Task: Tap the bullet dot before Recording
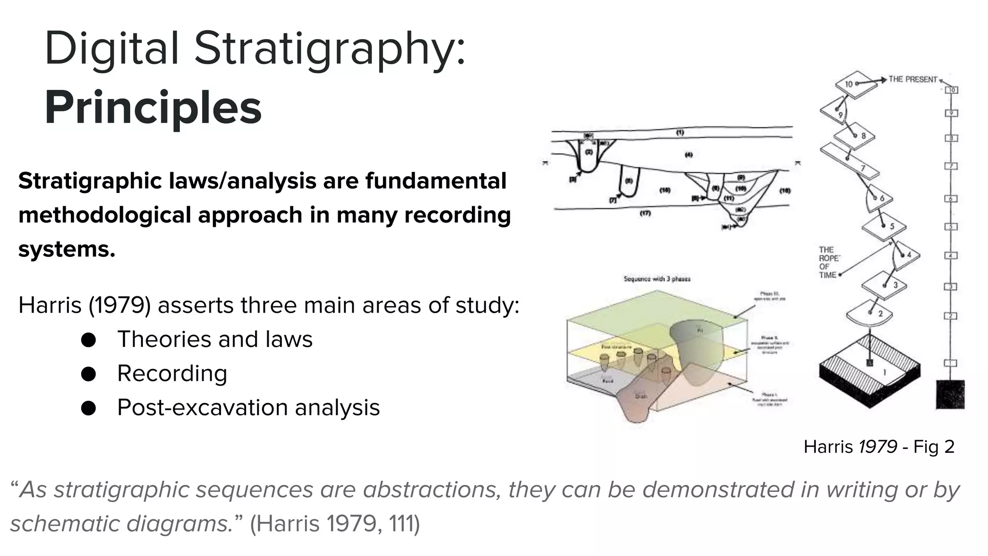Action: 88,374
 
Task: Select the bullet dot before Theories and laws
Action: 88,340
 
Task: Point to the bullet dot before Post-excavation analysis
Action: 88,408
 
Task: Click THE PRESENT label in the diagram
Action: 913,79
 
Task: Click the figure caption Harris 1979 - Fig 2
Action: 878,446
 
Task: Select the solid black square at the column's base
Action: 950,394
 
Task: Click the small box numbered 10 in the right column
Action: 951,90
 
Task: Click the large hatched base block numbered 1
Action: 870,372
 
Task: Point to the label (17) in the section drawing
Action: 645,213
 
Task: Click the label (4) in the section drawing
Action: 689,154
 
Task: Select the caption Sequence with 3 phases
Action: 657,279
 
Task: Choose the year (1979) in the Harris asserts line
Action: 120,306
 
